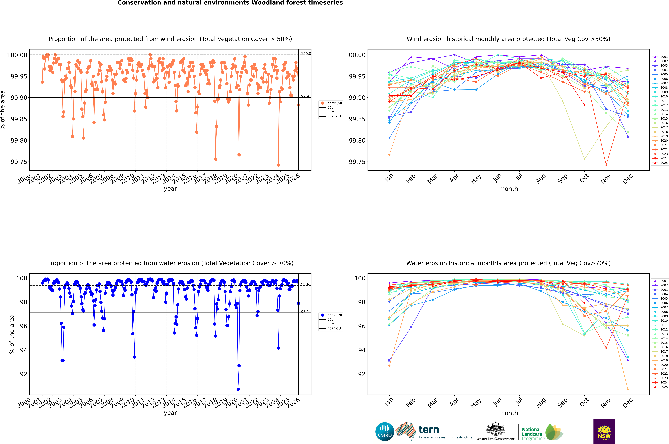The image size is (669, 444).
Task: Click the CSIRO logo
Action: (x=385, y=432)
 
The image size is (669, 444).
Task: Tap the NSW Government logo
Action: (x=604, y=432)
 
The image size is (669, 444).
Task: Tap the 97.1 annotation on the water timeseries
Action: (x=305, y=311)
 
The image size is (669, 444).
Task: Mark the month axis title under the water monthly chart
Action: (x=508, y=413)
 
